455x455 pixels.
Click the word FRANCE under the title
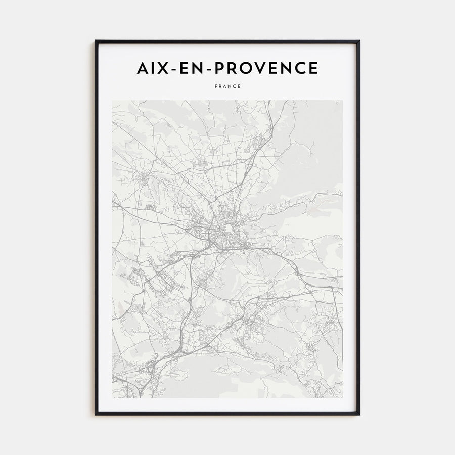227,86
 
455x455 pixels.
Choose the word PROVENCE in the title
265,68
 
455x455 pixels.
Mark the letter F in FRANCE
216,86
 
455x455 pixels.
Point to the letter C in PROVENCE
300,68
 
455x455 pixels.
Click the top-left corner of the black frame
96,41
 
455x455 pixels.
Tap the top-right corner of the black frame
359,41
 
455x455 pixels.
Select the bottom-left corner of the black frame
96,415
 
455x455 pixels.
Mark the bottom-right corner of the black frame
359,415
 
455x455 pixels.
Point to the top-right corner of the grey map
342,101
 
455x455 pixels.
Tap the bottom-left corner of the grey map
112,397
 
